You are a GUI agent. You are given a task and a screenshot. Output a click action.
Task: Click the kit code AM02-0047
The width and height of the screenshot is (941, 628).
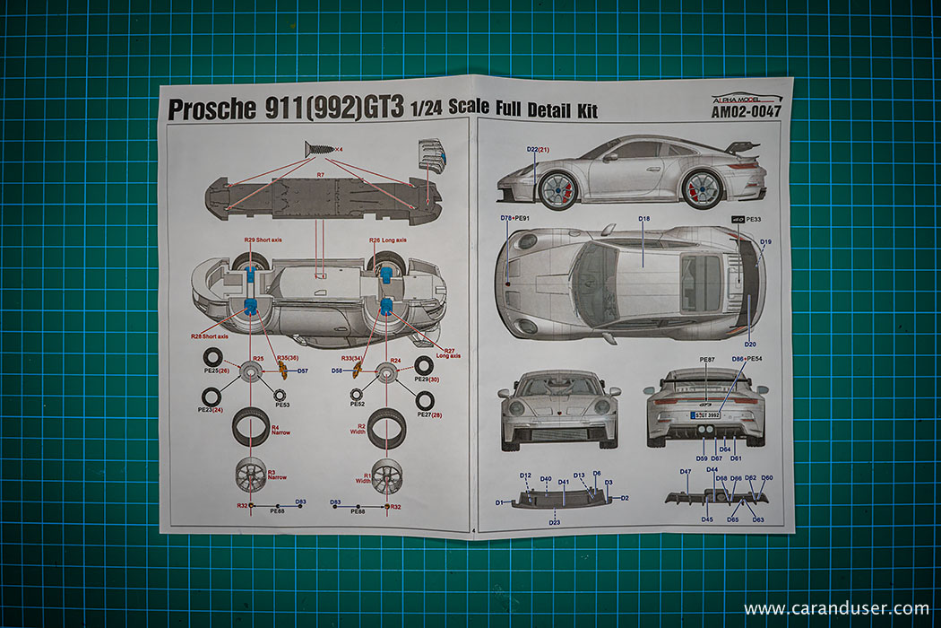[746, 113]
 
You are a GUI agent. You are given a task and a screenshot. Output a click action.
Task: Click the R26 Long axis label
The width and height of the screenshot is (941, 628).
[387, 240]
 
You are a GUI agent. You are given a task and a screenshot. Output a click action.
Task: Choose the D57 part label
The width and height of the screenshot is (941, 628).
[302, 371]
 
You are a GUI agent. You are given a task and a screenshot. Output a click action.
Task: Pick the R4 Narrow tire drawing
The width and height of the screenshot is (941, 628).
[250, 425]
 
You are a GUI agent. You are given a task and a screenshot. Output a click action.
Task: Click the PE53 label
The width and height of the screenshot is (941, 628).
[282, 405]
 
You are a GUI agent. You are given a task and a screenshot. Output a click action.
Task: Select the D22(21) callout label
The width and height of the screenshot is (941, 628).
[538, 149]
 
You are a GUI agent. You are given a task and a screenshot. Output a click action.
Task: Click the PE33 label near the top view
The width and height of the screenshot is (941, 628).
[753, 219]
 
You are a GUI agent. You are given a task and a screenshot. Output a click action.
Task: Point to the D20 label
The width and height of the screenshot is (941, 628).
[750, 344]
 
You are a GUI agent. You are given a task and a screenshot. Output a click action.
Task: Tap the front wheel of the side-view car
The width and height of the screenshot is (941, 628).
[557, 189]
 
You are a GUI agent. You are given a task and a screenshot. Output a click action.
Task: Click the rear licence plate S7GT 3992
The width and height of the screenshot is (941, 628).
[705, 414]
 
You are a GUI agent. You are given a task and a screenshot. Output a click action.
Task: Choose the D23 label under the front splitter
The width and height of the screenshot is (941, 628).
[555, 521]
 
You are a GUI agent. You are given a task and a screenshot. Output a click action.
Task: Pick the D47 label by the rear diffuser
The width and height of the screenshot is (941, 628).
[686, 472]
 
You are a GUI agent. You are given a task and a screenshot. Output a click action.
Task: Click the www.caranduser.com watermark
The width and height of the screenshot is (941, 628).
[836, 608]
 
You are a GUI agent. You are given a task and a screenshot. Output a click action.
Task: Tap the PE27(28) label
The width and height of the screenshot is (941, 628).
[431, 415]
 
